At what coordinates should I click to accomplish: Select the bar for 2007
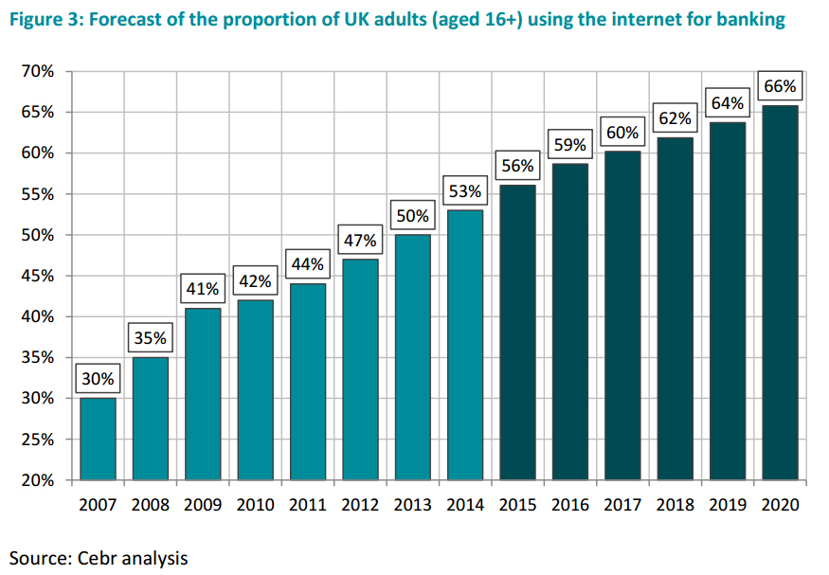tap(98, 439)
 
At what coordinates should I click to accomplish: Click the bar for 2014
tap(465, 345)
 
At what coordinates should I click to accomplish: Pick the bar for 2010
tap(255, 389)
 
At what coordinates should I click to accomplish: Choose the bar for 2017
tap(622, 315)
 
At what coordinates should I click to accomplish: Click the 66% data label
tap(780, 86)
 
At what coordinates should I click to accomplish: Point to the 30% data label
tap(98, 379)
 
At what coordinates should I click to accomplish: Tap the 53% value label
tap(465, 191)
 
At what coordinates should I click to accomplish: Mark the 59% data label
tap(570, 145)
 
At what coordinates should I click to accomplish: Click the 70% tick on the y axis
tap(37, 72)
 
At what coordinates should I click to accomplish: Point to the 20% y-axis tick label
tap(37, 480)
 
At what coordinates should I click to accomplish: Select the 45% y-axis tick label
tap(37, 277)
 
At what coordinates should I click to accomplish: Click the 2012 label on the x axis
tap(360, 505)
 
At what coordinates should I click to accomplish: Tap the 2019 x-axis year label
tap(728, 505)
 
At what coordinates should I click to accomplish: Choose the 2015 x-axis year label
tap(517, 505)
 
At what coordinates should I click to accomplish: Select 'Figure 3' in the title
tap(44, 20)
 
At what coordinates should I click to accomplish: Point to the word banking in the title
tap(748, 20)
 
